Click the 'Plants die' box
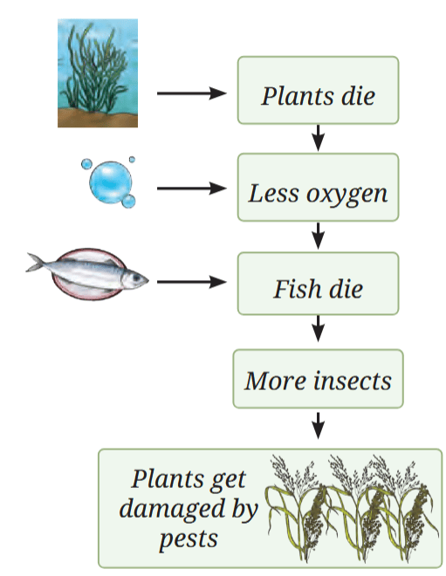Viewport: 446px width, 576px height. pos(319,90)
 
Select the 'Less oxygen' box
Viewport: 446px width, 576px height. pos(319,188)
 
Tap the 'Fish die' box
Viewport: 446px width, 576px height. pos(319,284)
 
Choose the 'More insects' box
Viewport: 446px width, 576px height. pos(319,379)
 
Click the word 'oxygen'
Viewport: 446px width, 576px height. pos(347,195)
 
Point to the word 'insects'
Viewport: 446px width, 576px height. pos(353,381)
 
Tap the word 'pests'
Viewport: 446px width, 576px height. pos(189,539)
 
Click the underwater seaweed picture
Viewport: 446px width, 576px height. pos(98,73)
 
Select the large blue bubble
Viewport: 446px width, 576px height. pos(110,182)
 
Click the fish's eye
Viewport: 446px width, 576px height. pos(137,278)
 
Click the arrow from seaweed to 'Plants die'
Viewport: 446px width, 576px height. pos(192,93)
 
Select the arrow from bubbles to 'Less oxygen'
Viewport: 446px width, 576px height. pos(192,189)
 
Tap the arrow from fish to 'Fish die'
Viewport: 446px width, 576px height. pos(192,282)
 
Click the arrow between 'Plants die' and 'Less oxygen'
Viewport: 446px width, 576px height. pos(319,138)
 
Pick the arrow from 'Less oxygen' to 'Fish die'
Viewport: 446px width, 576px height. pos(319,236)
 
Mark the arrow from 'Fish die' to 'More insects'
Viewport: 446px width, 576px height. pos(319,329)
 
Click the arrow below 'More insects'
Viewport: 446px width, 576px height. pos(319,425)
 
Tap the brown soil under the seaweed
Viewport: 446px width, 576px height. pos(98,119)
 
